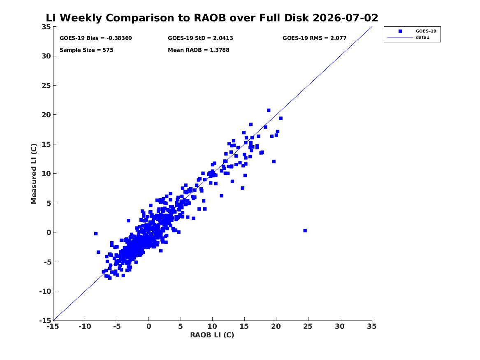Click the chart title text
(x=212, y=18)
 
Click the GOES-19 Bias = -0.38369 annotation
(x=95, y=38)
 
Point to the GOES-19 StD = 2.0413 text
(x=200, y=38)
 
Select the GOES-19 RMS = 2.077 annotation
(x=314, y=38)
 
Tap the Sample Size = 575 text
(x=86, y=50)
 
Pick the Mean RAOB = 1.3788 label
(x=198, y=50)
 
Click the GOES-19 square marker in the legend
(x=400, y=31)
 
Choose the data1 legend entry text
(x=422, y=37)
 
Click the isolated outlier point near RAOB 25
(x=305, y=230)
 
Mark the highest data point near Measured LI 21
(x=269, y=110)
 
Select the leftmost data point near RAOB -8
(x=96, y=234)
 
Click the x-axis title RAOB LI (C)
(x=212, y=335)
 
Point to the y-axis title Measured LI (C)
(x=34, y=174)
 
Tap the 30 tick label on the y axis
(x=46, y=56)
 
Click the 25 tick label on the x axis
(x=308, y=326)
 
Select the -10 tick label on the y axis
(x=45, y=291)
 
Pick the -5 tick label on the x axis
(x=117, y=326)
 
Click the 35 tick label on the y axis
(x=46, y=27)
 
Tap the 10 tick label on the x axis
(x=212, y=326)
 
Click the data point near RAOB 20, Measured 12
(x=274, y=162)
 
